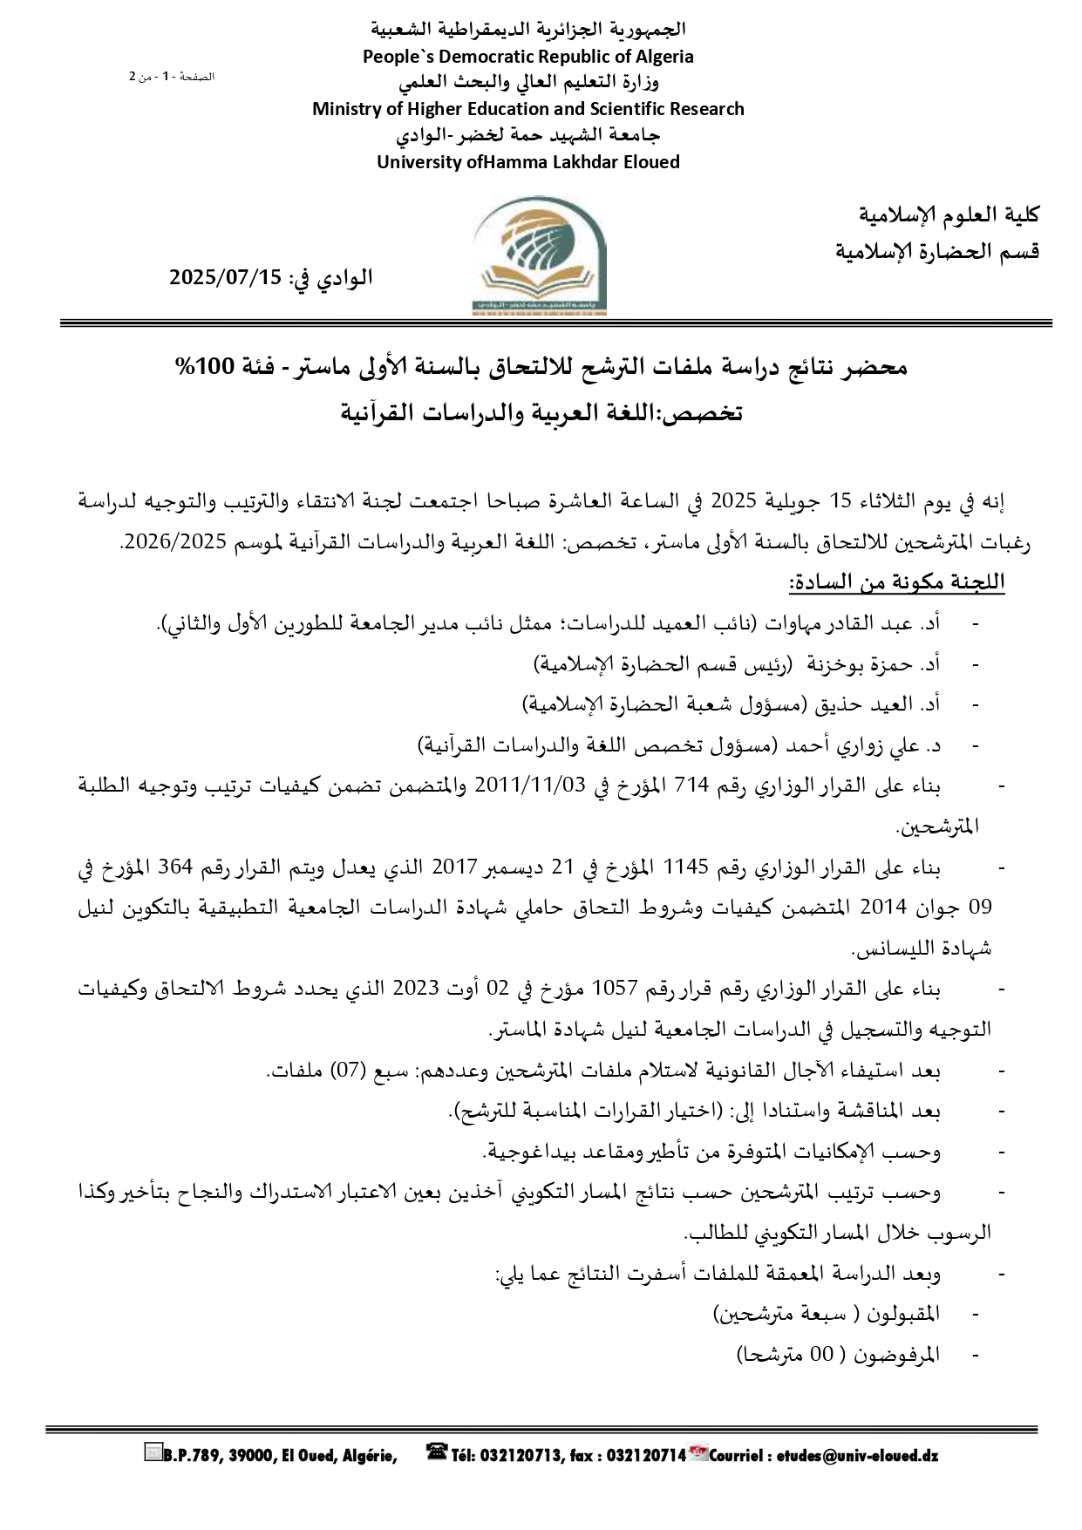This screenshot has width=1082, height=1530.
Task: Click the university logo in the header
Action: pos(541,256)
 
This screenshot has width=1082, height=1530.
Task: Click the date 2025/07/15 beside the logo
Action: pos(226,278)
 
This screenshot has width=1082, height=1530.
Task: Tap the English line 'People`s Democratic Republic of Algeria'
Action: pos(528,57)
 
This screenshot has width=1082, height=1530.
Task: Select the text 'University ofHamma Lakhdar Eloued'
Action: pos(528,162)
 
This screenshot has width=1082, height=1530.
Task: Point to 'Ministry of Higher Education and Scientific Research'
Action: pos(528,109)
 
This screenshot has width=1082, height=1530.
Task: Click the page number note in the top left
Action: pos(172,77)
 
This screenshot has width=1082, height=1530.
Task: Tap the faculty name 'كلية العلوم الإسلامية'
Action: pos(949,214)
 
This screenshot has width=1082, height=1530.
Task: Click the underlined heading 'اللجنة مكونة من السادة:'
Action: pos(897,582)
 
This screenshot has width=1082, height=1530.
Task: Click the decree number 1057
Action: pos(617,989)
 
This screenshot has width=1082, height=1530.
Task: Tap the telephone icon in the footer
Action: pos(436,1452)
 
